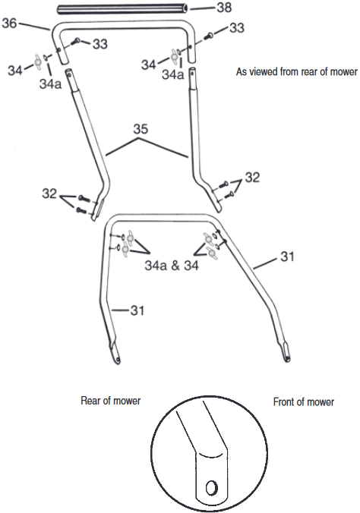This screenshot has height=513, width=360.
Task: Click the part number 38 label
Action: pos(224,7)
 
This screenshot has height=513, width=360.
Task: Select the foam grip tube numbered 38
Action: pos(123,9)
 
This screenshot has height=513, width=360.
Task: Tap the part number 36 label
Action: pos(9,23)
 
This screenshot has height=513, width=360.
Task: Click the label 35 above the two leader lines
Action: pos(141,129)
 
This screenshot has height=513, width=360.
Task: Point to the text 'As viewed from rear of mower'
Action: pos(297,71)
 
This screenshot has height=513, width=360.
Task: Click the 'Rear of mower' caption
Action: pos(110,401)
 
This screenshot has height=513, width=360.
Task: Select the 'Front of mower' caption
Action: pos(304,401)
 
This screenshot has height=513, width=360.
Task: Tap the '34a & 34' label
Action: pos(172,266)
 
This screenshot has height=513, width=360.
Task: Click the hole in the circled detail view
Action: pos(211,488)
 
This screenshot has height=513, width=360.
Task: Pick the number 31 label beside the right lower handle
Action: pos(287,256)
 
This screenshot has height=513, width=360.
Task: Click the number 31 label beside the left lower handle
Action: pos(137,310)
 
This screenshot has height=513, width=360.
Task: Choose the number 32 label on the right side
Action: pos(252,178)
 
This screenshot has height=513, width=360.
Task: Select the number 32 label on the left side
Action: pos(49,194)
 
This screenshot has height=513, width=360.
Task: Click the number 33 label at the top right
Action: pos(236,28)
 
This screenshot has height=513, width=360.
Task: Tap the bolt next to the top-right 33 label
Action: pos(208,36)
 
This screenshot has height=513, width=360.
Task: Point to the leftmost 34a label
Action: pos(50,83)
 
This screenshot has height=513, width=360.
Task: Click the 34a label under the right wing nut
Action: pos(172,74)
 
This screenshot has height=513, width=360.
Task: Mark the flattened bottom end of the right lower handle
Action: pos(286,351)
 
